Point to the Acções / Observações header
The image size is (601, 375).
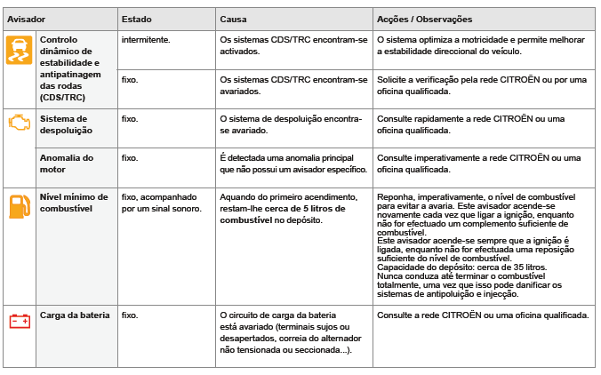pyautogui.click(x=424, y=19)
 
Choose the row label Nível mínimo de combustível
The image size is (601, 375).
pyautogui.click(x=74, y=202)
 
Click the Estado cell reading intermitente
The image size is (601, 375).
pyautogui.click(x=146, y=41)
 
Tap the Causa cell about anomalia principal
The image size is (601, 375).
pyautogui.click(x=292, y=163)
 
